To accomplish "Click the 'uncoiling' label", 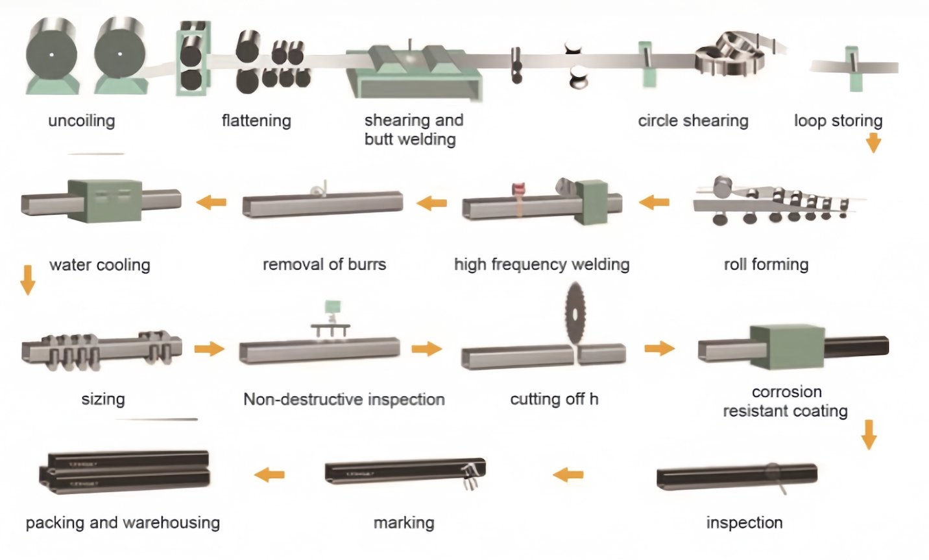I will (x=82, y=121).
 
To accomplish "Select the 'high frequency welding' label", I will (x=542, y=264).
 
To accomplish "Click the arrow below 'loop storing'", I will (x=874, y=142).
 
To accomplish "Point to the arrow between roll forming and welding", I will (x=654, y=202).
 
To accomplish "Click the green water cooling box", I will (x=104, y=200).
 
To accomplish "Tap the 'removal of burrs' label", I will (x=324, y=264).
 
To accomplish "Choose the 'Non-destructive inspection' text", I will (x=344, y=399).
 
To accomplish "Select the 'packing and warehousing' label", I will (x=123, y=523).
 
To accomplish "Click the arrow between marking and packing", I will (x=270, y=474).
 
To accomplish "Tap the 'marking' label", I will (x=404, y=523).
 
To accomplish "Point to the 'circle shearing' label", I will (x=693, y=121).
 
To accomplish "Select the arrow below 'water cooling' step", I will (x=27, y=279).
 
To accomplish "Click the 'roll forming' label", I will (x=766, y=264).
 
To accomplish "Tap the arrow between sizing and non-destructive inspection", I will (x=209, y=349).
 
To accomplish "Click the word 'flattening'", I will (x=256, y=121).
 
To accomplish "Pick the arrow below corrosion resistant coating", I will (x=869, y=434).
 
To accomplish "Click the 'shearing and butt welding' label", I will (x=413, y=130).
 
